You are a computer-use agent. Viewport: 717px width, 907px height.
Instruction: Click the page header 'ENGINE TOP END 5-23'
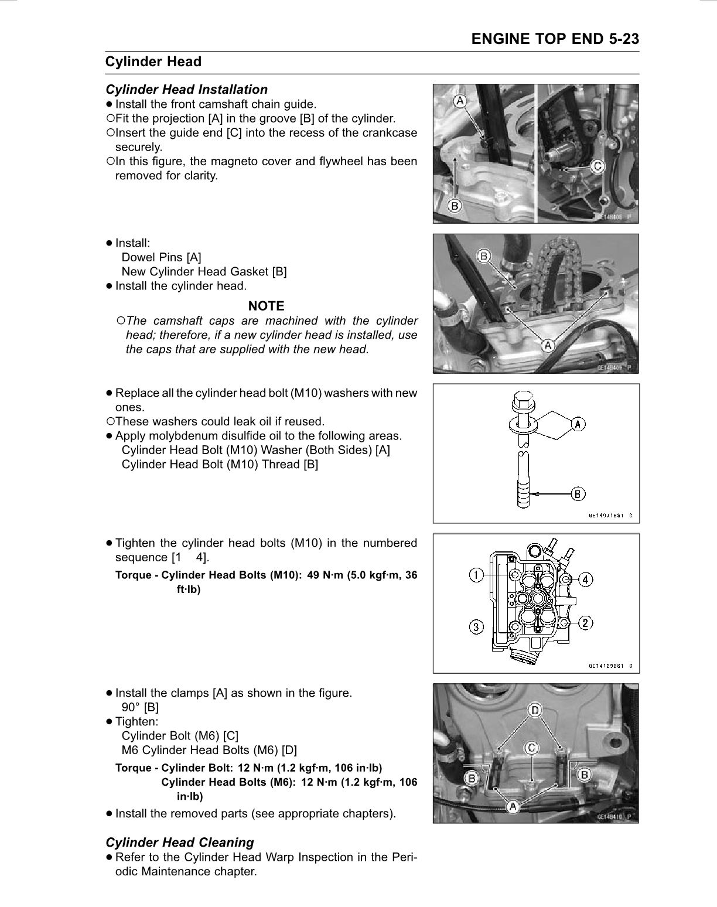click(x=555, y=39)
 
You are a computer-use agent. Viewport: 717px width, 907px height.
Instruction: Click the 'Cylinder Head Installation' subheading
click(x=186, y=90)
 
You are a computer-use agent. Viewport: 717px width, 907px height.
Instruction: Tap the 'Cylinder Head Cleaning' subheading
click(x=179, y=843)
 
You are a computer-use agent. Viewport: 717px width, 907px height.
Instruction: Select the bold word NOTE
click(x=266, y=306)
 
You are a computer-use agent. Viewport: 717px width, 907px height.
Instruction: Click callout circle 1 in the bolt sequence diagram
click(x=476, y=575)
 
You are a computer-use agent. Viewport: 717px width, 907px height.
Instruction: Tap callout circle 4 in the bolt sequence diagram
click(x=585, y=579)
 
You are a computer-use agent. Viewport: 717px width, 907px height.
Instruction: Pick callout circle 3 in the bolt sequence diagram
click(x=477, y=627)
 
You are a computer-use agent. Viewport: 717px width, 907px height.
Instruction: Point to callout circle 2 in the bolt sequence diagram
click(x=585, y=622)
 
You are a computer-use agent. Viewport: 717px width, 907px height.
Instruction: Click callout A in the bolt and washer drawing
click(x=578, y=424)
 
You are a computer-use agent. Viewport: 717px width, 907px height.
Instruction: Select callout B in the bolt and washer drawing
click(x=578, y=494)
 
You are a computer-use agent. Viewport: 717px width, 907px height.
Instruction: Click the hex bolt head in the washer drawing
click(x=522, y=403)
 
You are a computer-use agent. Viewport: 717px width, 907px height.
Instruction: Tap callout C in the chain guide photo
click(x=597, y=167)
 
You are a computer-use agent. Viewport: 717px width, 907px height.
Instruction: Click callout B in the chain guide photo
click(x=455, y=206)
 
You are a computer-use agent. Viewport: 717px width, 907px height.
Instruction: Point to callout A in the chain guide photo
click(x=460, y=101)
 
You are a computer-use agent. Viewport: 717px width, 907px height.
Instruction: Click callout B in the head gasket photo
click(x=484, y=256)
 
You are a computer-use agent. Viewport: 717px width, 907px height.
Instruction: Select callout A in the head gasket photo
click(x=548, y=345)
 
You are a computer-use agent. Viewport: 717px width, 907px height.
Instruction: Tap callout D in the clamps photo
click(x=535, y=710)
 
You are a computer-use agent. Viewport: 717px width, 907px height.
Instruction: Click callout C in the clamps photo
click(x=531, y=748)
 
